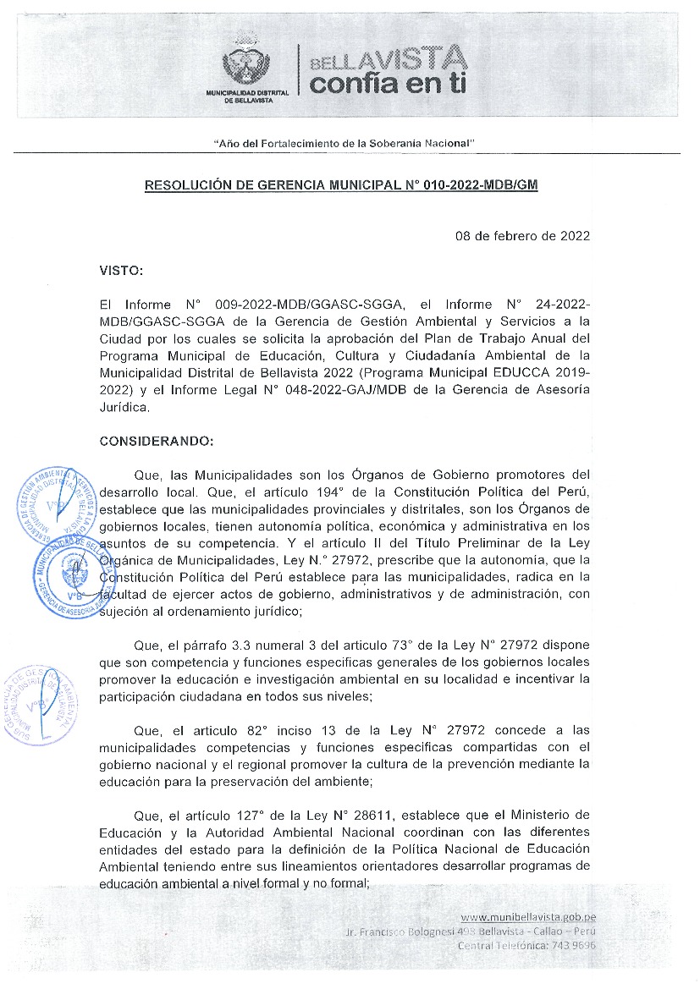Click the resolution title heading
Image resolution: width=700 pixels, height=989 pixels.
(x=341, y=184)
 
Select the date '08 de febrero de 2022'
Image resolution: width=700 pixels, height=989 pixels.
(x=522, y=236)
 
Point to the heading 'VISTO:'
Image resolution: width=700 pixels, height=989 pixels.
(x=122, y=271)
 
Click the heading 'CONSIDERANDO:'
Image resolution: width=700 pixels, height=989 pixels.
(x=157, y=441)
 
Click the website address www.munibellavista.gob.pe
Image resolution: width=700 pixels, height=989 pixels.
(x=529, y=916)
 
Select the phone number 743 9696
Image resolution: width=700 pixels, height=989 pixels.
(x=575, y=945)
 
